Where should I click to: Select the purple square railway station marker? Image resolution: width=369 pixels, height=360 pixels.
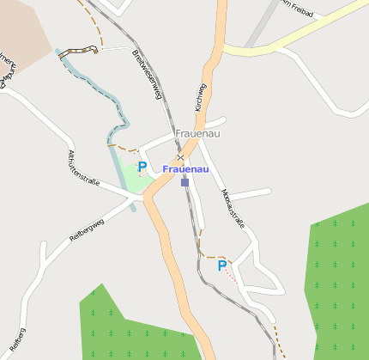(184, 182)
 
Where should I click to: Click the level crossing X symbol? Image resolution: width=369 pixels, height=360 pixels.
(180, 157)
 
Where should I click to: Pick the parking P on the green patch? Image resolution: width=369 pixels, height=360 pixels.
(142, 167)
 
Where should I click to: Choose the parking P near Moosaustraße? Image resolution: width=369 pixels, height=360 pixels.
(221, 265)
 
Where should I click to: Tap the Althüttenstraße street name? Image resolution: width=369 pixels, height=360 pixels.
(84, 168)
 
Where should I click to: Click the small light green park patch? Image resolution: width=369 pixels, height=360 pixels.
(124, 176)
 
